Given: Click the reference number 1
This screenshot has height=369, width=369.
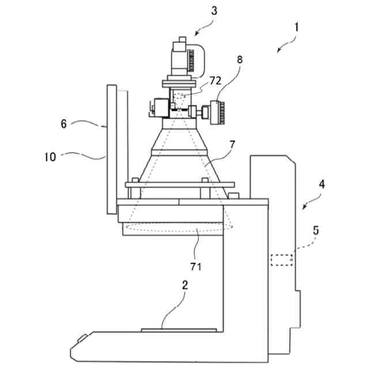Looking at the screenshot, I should tap(296, 27).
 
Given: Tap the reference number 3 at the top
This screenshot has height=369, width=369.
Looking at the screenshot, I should tap(214, 10).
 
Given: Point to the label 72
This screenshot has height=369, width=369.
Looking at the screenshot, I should tap(215, 81).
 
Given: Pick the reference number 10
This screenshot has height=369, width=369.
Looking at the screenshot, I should tap(51, 156).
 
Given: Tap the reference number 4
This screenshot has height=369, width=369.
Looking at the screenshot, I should tap(322, 185).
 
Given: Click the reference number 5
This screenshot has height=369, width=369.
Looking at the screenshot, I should tap(315, 230).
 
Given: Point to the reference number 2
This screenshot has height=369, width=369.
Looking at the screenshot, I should tap(184, 285).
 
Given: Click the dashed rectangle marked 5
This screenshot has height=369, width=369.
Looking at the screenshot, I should tap(281, 259).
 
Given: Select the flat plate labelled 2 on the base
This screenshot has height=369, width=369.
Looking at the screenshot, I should tap(179, 330).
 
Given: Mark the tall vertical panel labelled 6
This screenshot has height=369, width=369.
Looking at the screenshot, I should tap(112, 148).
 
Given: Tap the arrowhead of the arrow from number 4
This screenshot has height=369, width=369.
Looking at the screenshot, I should tap(304, 208).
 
